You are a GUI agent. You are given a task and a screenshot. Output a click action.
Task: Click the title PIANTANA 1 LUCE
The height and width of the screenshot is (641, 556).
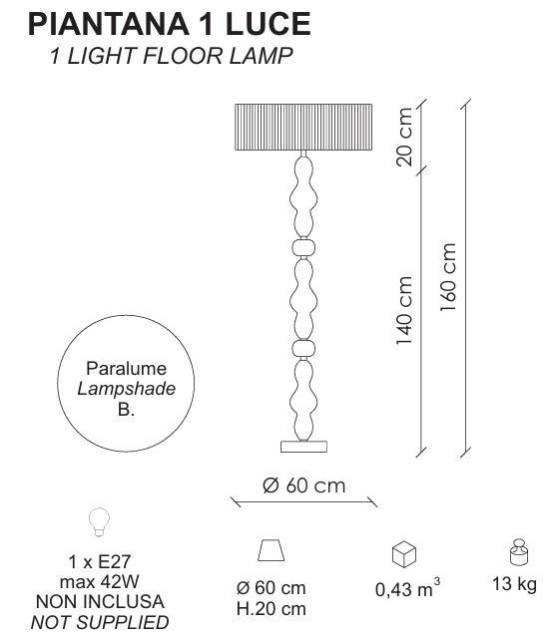pos(170,24)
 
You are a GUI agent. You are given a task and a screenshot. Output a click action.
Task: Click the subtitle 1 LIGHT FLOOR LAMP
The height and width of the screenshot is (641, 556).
pos(171,56)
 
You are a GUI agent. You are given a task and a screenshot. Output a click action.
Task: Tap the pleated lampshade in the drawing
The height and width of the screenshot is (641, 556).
pos(303,128)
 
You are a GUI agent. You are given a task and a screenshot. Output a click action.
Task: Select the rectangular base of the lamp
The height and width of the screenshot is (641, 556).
pos(303,447)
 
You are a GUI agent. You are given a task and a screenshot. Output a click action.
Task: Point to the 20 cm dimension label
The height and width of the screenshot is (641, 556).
pos(404,137)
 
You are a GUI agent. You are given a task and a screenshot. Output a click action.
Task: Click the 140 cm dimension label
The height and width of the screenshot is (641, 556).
pos(404,310)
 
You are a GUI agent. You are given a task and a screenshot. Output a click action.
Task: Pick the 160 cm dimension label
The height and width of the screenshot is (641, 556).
pos(448,277)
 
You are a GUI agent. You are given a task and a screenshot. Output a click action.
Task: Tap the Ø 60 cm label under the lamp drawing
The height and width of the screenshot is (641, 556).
pos(303,485)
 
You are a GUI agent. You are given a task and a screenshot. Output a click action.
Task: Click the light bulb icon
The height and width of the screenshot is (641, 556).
pos(100,522)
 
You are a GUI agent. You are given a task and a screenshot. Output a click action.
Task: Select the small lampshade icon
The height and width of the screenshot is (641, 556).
pos(272,550)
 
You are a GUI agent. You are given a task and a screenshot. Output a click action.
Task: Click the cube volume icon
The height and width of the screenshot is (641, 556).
pos(404,554)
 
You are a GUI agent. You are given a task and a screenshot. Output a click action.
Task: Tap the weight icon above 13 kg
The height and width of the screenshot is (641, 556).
pos(519,552)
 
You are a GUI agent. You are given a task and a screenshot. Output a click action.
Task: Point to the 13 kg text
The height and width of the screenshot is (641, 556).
pos(514,584)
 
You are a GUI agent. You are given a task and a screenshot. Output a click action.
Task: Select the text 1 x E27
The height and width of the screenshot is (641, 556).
pos(100,561)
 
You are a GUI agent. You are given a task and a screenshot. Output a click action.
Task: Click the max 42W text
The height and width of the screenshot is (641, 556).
pos(100,581)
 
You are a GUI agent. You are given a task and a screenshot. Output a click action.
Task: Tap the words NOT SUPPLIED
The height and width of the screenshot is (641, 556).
pos(100,622)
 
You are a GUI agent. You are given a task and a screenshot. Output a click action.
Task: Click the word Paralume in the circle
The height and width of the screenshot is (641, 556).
pos(126,368)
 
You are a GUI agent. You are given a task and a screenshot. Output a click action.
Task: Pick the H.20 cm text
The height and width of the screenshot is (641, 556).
pos(272,609)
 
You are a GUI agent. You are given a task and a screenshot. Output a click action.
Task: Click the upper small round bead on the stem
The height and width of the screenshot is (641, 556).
pos(303,247)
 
